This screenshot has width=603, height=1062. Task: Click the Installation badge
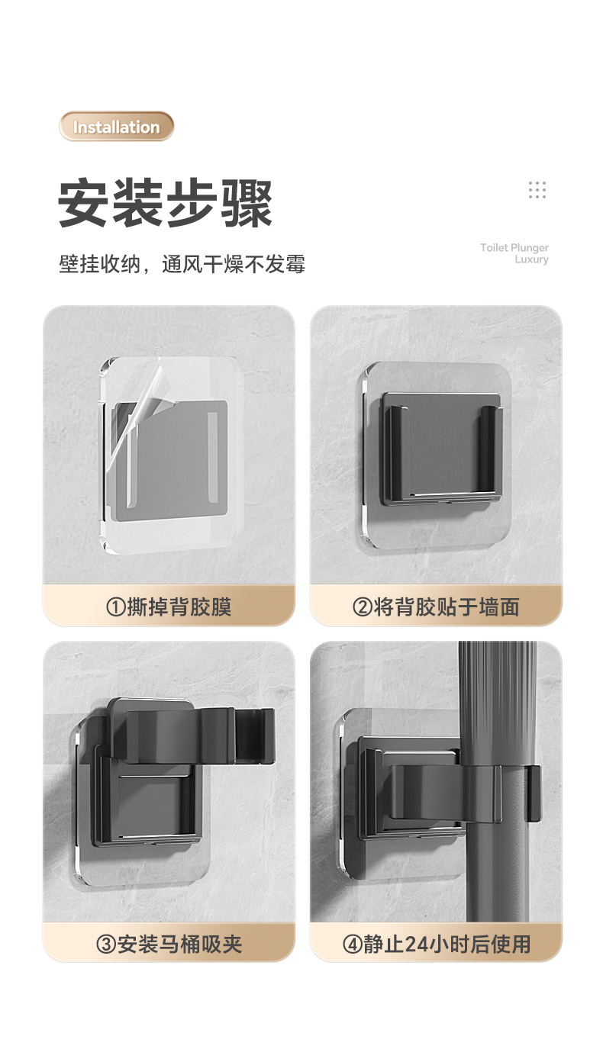tap(117, 127)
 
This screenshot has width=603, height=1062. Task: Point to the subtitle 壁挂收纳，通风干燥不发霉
tap(182, 264)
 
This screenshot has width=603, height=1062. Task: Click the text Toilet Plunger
tap(514, 247)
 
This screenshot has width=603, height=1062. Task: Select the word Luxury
tap(531, 259)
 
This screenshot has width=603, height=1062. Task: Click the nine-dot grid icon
tap(537, 190)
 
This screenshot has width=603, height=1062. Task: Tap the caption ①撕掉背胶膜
tap(169, 607)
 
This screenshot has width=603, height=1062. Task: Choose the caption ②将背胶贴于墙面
tap(436, 607)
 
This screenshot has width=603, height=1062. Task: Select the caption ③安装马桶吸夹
tap(169, 944)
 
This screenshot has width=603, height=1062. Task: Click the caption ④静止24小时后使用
tap(436, 944)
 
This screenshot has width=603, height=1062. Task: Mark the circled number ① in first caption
tap(114, 608)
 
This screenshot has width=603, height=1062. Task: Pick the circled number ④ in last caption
tap(352, 945)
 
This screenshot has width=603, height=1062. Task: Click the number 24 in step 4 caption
tap(414, 945)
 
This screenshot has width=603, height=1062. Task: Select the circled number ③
tap(105, 945)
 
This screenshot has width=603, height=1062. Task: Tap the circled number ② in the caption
tap(362, 608)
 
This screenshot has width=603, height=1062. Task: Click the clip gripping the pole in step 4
tap(489, 793)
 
